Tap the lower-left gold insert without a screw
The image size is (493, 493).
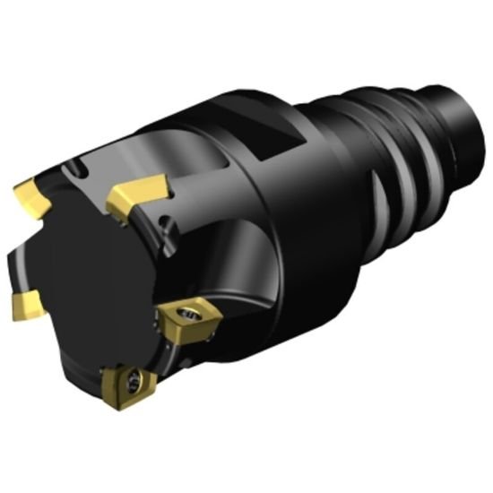tap(25, 306)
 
